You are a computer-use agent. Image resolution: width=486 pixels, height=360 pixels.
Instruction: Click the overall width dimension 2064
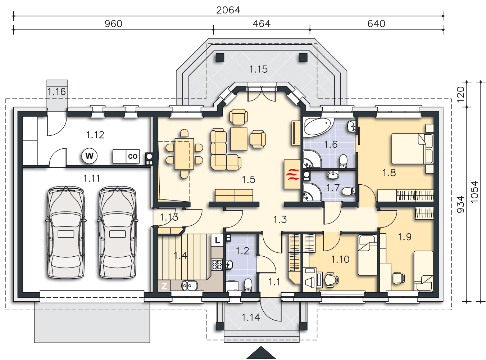click(228, 10)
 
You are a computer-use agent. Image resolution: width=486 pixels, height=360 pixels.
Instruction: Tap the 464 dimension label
click(262, 24)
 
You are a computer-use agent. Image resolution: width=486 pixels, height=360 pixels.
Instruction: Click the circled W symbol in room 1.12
click(89, 156)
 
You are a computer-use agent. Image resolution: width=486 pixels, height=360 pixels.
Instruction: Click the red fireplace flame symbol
click(292, 174)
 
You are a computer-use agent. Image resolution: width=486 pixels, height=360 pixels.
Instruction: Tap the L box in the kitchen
click(217, 240)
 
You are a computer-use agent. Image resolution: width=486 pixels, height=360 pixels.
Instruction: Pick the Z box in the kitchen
click(164, 286)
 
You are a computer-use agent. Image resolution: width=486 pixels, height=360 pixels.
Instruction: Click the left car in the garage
click(66, 232)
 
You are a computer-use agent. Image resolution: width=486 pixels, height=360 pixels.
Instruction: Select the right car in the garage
click(117, 232)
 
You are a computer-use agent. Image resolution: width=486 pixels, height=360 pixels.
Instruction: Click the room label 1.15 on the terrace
click(258, 69)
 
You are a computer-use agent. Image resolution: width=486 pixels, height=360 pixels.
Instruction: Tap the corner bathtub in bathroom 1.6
click(319, 127)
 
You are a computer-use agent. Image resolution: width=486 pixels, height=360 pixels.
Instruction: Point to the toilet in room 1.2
click(248, 285)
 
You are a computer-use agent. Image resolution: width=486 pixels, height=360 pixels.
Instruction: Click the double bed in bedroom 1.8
click(412, 149)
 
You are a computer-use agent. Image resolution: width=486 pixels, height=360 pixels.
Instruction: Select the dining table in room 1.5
click(184, 154)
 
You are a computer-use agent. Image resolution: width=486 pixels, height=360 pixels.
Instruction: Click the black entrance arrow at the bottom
click(261, 352)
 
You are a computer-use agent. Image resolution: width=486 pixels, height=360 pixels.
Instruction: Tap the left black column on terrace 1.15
click(220, 58)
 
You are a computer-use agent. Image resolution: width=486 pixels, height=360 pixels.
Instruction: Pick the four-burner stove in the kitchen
click(217, 264)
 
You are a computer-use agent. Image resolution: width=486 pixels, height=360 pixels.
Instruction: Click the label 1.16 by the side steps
click(56, 92)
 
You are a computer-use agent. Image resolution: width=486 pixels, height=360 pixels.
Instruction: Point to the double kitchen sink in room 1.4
click(190, 285)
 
